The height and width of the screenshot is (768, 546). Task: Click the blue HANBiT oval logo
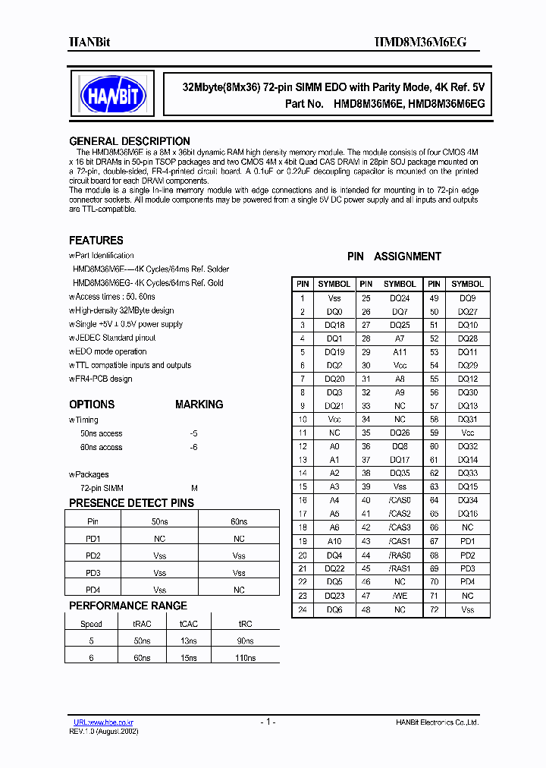point(114,95)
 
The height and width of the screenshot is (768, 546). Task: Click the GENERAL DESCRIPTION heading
point(129,141)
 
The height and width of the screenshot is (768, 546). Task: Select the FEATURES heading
point(96,241)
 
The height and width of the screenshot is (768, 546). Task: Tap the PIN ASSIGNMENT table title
point(394,257)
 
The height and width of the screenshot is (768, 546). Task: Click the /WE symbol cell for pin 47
point(400,596)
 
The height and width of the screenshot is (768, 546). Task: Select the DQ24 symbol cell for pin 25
point(400,298)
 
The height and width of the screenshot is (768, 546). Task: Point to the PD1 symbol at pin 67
point(467,541)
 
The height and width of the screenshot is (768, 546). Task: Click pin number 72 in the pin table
point(434,610)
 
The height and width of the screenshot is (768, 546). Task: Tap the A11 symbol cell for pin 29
point(400,352)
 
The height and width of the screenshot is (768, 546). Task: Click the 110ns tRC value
point(245,658)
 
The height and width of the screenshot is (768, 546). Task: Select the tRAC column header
point(141,624)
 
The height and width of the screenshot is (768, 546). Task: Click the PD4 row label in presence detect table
point(93,590)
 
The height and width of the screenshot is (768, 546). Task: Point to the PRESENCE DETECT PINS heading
point(131,503)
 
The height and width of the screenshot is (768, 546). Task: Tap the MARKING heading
point(199,404)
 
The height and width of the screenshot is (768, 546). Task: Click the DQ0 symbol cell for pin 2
point(334,312)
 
